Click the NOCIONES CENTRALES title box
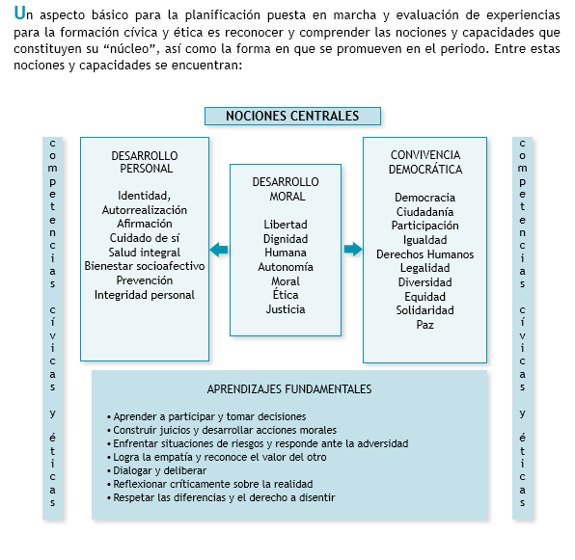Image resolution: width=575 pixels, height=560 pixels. coord(292,116)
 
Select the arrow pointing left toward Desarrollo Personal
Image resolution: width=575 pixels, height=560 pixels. coord(219,250)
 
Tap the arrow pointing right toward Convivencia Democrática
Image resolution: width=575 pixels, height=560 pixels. coord(353,249)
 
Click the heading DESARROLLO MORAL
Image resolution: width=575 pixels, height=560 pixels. coord(286,189)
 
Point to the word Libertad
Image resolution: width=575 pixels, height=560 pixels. coord(286,225)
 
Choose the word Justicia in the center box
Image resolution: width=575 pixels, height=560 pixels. coord(286,309)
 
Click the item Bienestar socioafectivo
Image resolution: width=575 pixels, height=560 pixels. coord(145,266)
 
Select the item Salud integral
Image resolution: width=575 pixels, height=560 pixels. coord(145,253)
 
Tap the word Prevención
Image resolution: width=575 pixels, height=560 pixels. coord(145,280)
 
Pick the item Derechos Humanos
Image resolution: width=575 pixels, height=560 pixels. coord(425,254)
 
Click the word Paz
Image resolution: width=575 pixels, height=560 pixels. coord(425,325)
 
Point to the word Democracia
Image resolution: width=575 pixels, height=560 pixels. coord(425,198)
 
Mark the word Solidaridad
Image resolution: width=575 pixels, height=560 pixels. coord(425,310)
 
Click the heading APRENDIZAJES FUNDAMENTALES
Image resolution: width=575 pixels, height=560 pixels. coord(289,389)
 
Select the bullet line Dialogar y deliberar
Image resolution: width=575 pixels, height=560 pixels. coord(156,470)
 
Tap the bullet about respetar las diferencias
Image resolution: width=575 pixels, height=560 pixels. coord(221,497)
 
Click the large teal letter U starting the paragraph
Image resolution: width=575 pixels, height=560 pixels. coord(19,13)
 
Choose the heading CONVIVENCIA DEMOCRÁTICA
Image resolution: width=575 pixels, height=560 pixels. coord(425,162)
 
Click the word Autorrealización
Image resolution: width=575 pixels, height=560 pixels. coord(145,210)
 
